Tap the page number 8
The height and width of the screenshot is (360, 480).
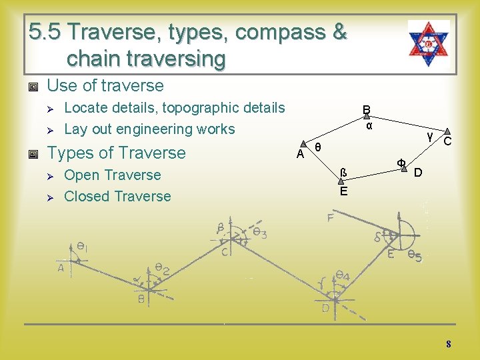point(449,344)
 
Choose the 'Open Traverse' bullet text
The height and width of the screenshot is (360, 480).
point(113,175)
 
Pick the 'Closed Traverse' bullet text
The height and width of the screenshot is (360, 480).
point(117,196)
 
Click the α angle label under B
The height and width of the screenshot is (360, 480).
point(369,125)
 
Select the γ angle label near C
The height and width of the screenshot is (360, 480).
point(431,135)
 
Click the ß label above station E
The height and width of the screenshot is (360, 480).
point(343,173)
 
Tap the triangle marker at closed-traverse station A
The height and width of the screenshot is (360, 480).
point(309,144)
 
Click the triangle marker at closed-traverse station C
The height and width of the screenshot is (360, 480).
point(447,133)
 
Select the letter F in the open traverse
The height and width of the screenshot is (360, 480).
point(330,218)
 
